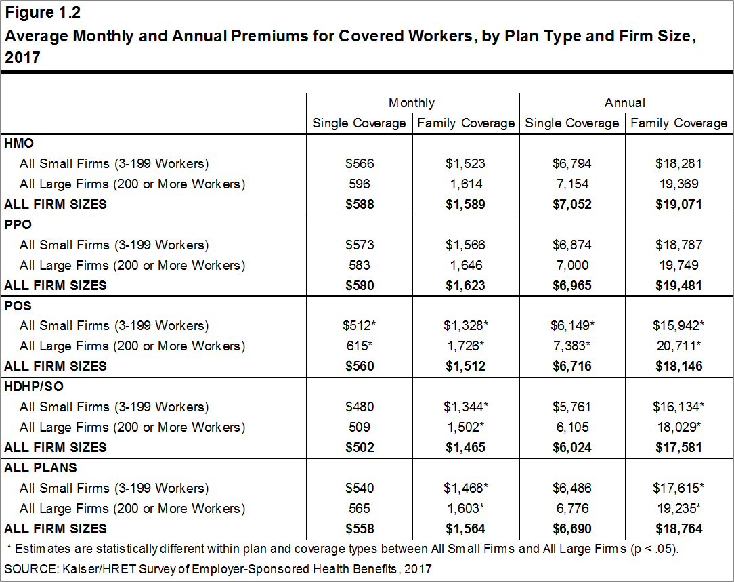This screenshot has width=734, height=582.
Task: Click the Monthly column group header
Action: (x=412, y=102)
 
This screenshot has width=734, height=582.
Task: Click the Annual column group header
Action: (x=624, y=102)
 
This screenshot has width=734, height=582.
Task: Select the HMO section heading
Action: (x=19, y=143)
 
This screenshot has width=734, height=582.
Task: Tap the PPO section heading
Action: (x=18, y=224)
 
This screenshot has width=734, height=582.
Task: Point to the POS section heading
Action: (x=18, y=306)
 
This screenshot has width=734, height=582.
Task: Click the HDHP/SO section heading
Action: (x=34, y=386)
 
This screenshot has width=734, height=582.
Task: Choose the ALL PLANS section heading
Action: (x=40, y=467)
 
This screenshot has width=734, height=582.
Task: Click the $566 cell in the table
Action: (x=360, y=163)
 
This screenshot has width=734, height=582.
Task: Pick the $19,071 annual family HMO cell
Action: (x=678, y=204)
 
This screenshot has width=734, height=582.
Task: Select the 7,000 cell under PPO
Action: (x=572, y=265)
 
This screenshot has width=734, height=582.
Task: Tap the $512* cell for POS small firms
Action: (x=359, y=325)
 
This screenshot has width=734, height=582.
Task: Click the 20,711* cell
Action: (x=678, y=346)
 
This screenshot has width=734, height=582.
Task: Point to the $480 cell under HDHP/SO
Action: (x=360, y=407)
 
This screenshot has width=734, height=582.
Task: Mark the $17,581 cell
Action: (x=678, y=447)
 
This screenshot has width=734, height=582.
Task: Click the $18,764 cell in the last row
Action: (x=678, y=528)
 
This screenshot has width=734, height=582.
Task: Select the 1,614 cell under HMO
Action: (x=466, y=184)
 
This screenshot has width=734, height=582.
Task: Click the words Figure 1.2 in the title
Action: (x=43, y=12)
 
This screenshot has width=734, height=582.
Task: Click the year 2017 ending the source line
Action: (x=418, y=569)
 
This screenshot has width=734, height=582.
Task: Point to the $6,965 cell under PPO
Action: (x=571, y=285)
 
